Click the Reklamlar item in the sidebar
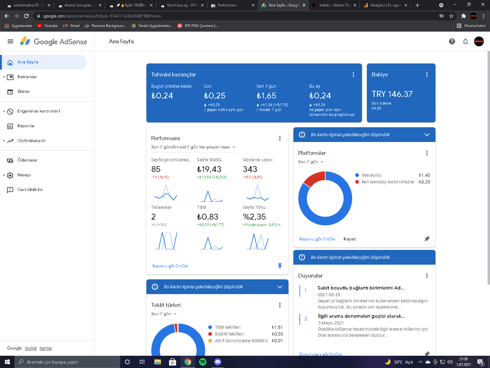(27, 77)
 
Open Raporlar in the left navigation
(26, 126)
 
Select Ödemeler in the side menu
(27, 160)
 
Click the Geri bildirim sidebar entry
(30, 190)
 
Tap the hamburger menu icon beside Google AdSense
(10, 42)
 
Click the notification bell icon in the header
(465, 42)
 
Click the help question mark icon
(452, 42)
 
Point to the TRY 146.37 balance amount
(392, 94)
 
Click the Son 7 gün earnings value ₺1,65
(266, 96)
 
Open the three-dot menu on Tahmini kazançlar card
(353, 75)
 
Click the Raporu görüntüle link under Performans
(170, 266)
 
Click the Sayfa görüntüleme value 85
(156, 169)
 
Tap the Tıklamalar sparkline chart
(166, 241)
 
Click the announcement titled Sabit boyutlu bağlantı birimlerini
(360, 288)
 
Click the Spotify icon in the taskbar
(202, 362)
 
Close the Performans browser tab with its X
(253, 5)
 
